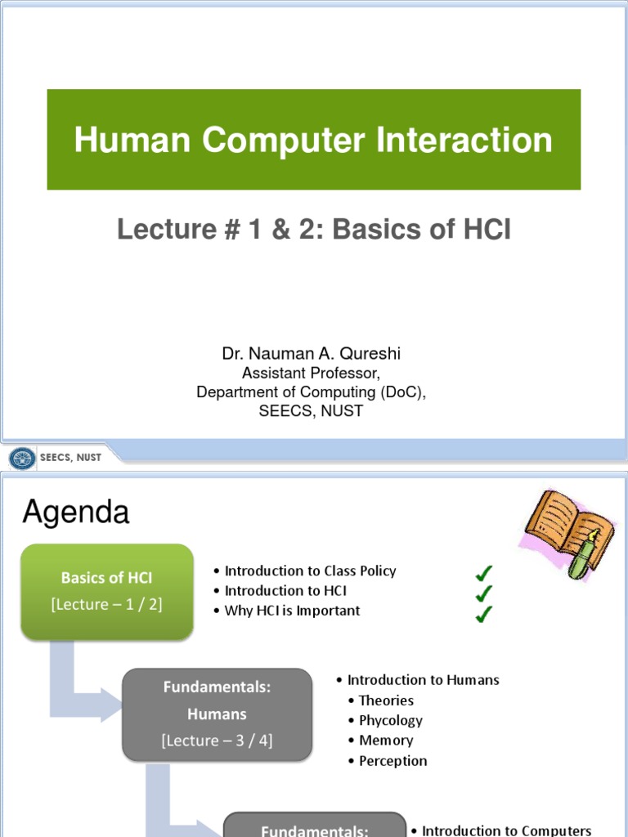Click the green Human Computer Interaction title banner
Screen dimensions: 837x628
tap(313, 140)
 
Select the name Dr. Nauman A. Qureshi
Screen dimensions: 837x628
tap(312, 354)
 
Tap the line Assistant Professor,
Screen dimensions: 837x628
tap(312, 374)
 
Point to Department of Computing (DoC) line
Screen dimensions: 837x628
tap(312, 392)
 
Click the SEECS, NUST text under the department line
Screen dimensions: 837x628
tap(312, 411)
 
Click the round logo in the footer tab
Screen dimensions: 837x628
tap(23, 458)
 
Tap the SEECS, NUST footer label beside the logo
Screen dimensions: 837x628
tap(71, 458)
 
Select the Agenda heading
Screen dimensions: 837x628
tap(75, 512)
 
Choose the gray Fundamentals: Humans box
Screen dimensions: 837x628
tap(217, 714)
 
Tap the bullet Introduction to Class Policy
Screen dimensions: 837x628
tap(310, 571)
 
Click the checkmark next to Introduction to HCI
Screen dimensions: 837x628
tap(484, 592)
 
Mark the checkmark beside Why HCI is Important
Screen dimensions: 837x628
tap(484, 613)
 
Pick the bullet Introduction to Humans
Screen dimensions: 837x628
tap(423, 679)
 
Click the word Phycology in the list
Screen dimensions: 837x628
tap(391, 720)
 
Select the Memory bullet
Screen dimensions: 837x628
tap(386, 741)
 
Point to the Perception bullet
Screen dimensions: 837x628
tap(392, 761)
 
